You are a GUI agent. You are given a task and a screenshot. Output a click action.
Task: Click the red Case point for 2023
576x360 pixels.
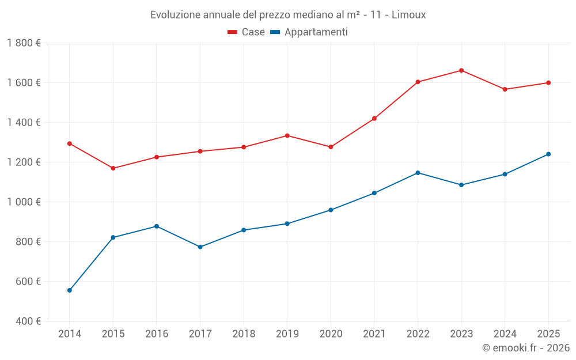tap(461, 70)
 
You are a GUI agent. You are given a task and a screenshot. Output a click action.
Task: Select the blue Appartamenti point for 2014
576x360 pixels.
tap(70, 290)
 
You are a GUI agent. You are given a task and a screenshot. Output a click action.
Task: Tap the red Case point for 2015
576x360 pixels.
tap(113, 168)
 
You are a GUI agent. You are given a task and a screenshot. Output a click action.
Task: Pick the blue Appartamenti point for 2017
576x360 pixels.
tap(200, 247)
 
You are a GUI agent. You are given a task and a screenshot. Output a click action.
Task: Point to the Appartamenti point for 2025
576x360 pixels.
tap(548, 154)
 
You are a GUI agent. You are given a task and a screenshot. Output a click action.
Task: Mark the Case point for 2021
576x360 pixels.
tap(374, 119)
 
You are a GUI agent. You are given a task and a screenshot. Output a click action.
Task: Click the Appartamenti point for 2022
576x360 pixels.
tap(418, 173)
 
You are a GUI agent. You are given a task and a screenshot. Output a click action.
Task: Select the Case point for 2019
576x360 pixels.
tap(287, 135)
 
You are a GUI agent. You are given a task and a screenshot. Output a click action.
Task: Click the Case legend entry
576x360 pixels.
tap(247, 32)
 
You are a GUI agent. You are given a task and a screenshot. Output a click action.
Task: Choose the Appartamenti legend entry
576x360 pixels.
tap(309, 32)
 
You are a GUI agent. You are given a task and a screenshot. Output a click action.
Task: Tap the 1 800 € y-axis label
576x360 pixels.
tap(24, 43)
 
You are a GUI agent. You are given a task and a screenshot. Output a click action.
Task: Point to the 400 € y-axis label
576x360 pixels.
tap(28, 321)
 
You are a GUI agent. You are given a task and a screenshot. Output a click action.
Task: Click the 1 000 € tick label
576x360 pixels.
tap(24, 202)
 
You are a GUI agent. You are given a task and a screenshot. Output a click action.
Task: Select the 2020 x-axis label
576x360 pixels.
tap(331, 334)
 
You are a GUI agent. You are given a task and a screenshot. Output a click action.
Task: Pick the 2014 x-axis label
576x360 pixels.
tap(70, 334)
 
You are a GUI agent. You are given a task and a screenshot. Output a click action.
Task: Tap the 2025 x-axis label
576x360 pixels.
tap(548, 334)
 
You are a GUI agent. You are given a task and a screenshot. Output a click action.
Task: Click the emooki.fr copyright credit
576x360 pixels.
tap(526, 347)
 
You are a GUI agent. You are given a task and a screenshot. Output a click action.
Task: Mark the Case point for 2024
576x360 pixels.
tap(505, 89)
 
